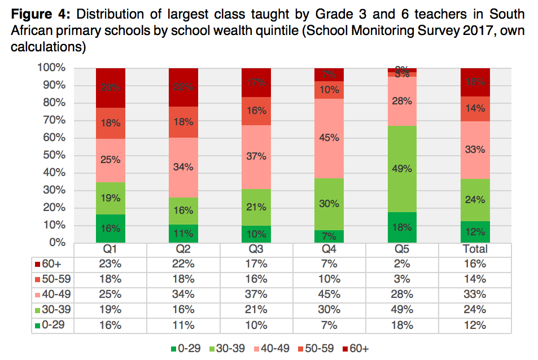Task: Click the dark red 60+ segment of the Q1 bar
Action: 110,87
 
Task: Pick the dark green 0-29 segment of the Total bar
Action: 475,231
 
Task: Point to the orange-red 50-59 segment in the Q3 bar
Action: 256,111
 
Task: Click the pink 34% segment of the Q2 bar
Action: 183,167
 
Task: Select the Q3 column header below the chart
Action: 256,249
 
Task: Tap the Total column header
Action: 475,249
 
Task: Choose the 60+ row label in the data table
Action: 54,264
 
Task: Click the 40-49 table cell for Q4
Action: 329,294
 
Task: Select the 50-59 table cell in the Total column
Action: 475,279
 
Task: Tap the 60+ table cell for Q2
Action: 183,264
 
